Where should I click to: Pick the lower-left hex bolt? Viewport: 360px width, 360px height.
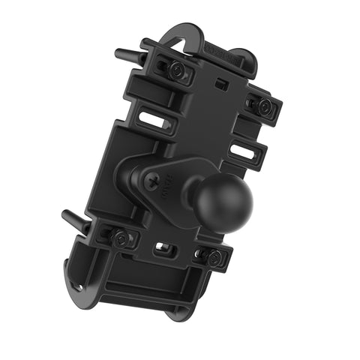[x=120, y=238]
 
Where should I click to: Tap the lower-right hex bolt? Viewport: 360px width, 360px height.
[x=213, y=257]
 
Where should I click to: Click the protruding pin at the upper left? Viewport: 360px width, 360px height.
[x=126, y=55]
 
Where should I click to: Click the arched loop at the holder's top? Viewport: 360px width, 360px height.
[x=178, y=34]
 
